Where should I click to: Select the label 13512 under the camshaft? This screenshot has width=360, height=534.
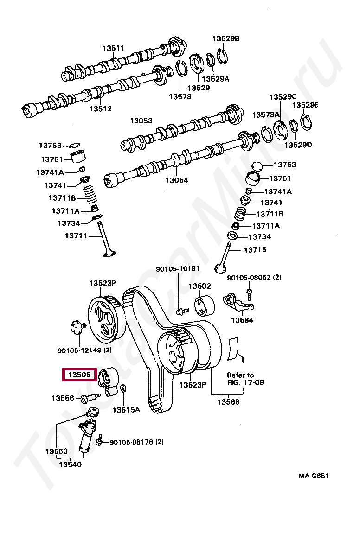tap(101, 109)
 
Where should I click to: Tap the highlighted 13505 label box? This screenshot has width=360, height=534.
tap(80, 375)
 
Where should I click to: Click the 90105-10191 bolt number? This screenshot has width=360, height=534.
tap(178, 269)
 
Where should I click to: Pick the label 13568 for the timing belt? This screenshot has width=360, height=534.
tap(228, 402)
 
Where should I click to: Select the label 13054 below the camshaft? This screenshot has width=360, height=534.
tap(177, 180)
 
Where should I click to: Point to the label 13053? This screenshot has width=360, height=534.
tap(141, 121)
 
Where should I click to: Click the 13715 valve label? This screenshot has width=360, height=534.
tap(255, 250)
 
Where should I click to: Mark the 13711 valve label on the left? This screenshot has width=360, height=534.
tap(76, 236)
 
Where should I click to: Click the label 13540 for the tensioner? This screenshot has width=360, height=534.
tap(70, 464)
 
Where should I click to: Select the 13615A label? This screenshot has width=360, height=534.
tap(126, 410)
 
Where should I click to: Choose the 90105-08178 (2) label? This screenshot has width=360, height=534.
tap(136, 442)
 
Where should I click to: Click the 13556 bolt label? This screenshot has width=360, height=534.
tap(63, 398)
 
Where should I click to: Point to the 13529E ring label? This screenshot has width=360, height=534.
tap(305, 105)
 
